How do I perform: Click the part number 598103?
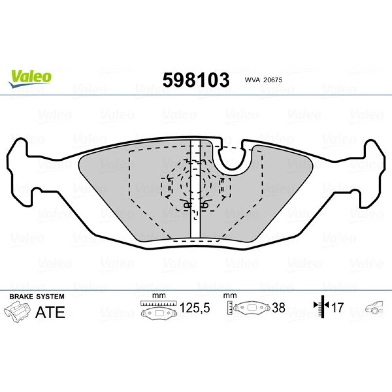click(x=196, y=80)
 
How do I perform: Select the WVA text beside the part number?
click(x=253, y=80)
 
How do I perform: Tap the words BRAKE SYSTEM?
click(x=37, y=296)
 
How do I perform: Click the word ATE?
click(x=50, y=312)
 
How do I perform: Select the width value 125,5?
click(x=195, y=307)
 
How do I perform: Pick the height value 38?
click(x=278, y=308)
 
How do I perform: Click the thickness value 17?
click(x=338, y=307)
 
